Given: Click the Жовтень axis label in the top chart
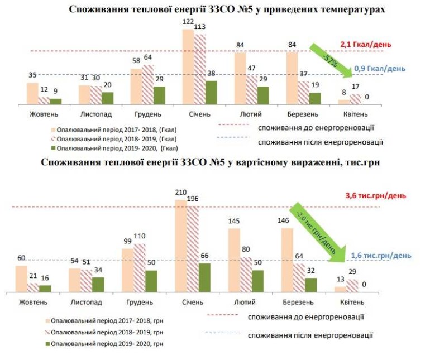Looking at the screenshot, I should tap(44, 114).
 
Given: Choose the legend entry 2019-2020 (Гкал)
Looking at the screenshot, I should tap(114, 148).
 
